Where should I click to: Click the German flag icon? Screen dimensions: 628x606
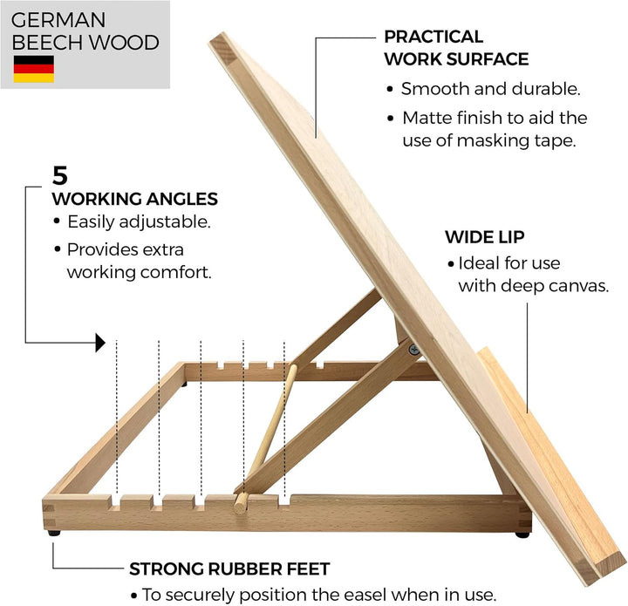(34, 69)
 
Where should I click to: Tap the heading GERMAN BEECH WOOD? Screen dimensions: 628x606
(85, 31)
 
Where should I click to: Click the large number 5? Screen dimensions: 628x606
(60, 175)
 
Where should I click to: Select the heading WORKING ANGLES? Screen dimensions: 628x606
(135, 199)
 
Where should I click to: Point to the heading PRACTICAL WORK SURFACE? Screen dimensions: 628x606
(456, 48)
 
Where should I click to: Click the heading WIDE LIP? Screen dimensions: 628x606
(485, 237)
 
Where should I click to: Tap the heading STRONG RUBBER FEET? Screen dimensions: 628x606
(229, 569)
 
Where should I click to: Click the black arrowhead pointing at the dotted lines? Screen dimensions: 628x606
(100, 343)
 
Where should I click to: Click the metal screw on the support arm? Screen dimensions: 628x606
(414, 350)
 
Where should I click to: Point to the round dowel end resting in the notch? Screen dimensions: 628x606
(241, 503)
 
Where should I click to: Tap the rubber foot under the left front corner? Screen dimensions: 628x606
(54, 533)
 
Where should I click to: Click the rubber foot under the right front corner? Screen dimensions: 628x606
(522, 535)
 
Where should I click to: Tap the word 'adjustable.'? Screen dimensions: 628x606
(165, 222)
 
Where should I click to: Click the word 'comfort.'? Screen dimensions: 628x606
(176, 273)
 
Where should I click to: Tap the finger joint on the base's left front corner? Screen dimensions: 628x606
(49, 516)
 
